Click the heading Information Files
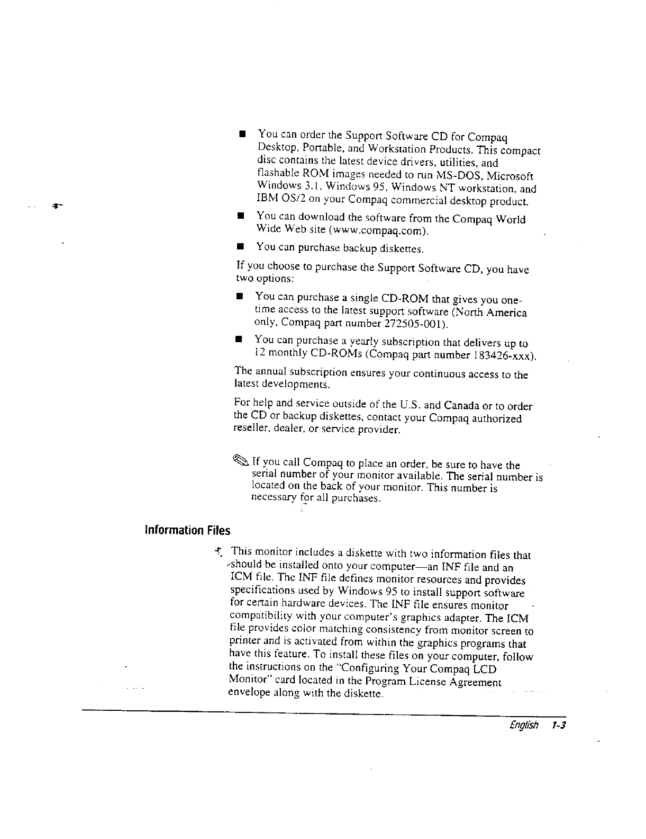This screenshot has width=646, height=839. tap(188, 530)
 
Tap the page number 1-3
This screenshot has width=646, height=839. tap(558, 725)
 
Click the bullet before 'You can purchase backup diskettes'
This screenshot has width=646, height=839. tap(240, 247)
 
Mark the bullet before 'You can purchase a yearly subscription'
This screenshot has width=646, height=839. tap(239, 339)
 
